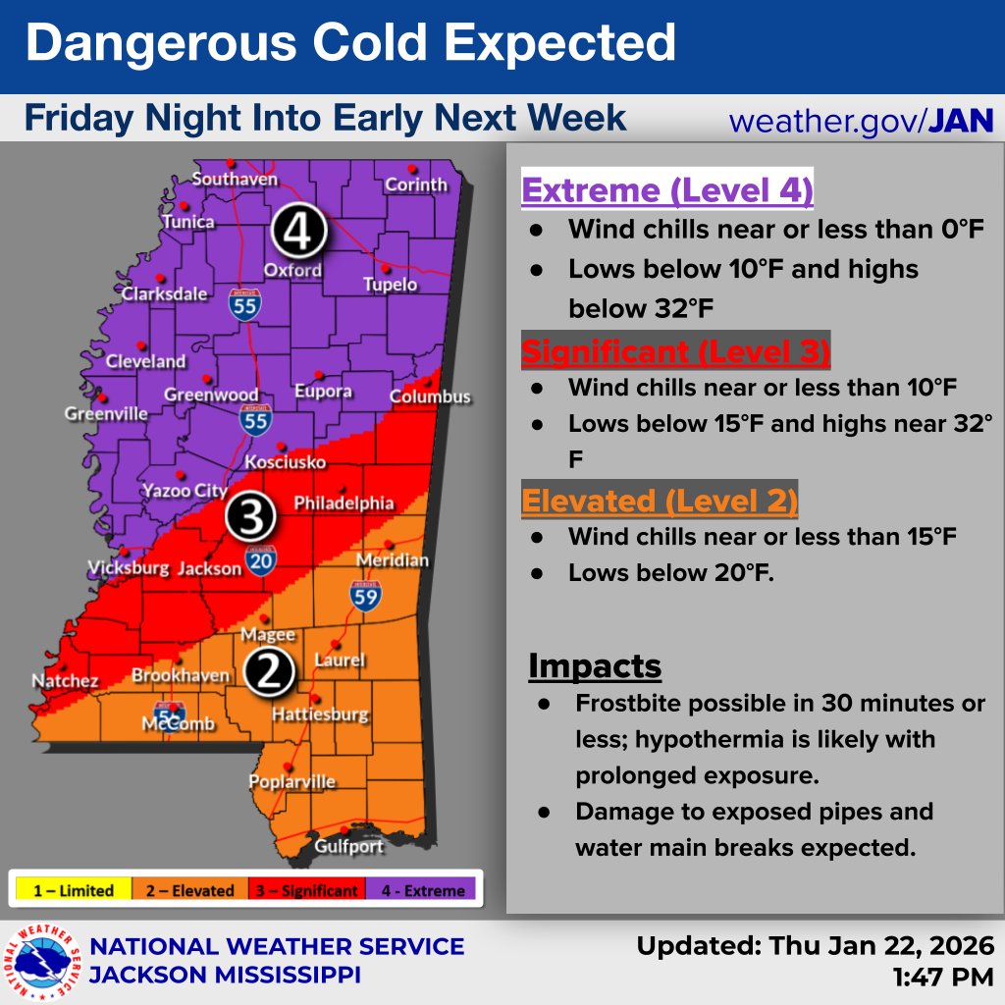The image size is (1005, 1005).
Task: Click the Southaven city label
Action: pyautogui.click(x=235, y=179)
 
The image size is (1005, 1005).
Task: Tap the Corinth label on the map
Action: pyautogui.click(x=415, y=185)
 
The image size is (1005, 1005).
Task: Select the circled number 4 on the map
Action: pyautogui.click(x=298, y=232)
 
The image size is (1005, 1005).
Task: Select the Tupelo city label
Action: pyautogui.click(x=390, y=285)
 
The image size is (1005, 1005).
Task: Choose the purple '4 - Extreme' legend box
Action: pyautogui.click(x=421, y=891)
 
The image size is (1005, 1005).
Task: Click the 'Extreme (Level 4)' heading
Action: pyautogui.click(x=667, y=190)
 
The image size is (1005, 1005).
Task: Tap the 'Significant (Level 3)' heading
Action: pyautogui.click(x=675, y=350)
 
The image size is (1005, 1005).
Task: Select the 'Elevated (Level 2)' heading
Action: pyautogui.click(x=659, y=502)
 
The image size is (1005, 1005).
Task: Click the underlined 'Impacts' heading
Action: pyautogui.click(x=595, y=665)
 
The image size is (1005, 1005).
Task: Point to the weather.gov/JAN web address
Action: pyautogui.click(x=861, y=121)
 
